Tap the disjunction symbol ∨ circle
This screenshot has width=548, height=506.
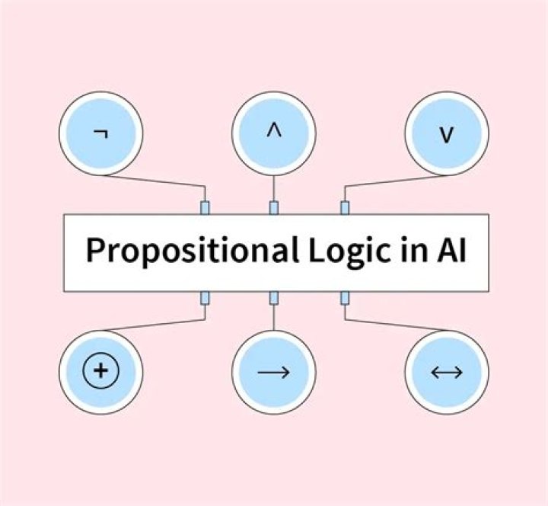(447, 134)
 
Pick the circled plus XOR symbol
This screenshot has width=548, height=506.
(100, 373)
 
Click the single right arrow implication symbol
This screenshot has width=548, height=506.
(273, 373)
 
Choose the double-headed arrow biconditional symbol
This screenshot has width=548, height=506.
(447, 373)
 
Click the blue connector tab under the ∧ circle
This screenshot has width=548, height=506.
(273, 207)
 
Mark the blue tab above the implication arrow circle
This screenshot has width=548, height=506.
(273, 298)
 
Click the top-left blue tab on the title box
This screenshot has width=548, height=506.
(204, 207)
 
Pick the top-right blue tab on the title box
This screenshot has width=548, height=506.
(345, 207)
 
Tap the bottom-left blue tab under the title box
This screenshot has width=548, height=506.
(204, 298)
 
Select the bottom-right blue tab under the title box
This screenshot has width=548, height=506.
(345, 298)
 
